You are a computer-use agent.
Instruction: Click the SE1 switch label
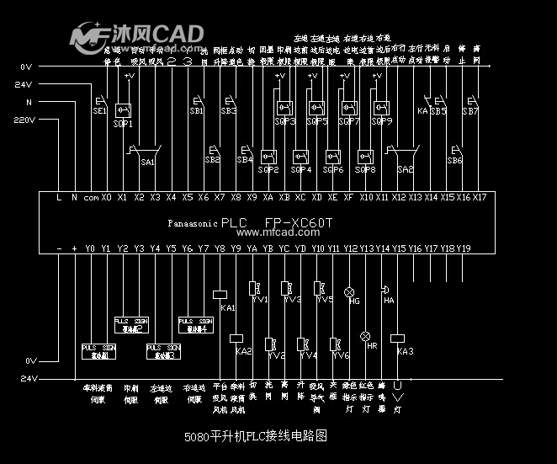pos(98,111)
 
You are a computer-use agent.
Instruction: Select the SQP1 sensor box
pos(123,110)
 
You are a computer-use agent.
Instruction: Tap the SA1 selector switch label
pos(148,162)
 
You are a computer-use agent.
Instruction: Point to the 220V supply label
pos(24,120)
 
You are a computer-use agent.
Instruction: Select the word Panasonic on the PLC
pos(193,224)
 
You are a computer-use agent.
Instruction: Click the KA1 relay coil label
pos(227,308)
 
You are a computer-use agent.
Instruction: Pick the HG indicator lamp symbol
pos(349,291)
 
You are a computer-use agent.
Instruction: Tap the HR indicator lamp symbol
pos(365,335)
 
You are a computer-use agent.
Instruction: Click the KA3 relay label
pos(405,351)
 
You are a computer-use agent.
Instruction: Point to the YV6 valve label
pos(341,355)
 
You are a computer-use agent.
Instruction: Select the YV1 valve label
pos(259,299)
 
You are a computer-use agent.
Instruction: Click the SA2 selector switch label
pos(406,169)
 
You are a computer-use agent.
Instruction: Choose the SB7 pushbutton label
pos(470,111)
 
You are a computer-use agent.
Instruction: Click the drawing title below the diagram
pos(255,437)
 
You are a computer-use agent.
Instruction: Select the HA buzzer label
pos(388,300)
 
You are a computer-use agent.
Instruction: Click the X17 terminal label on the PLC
pos(480,197)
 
